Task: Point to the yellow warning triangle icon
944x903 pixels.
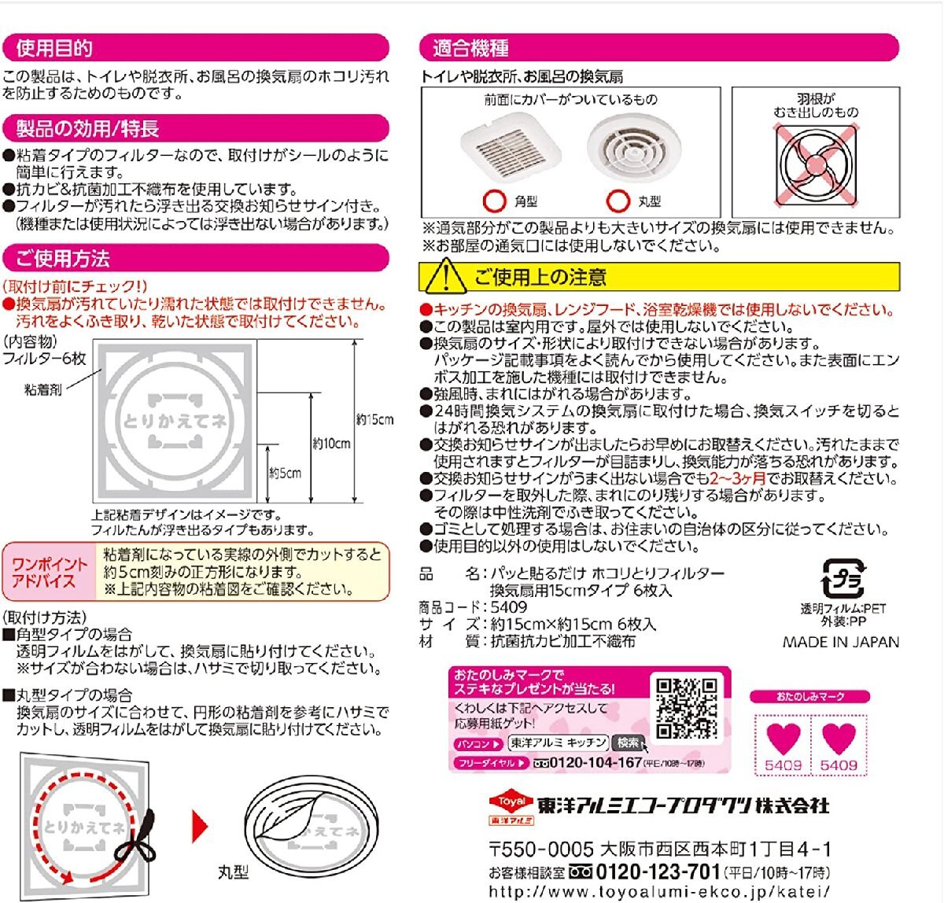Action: pos(444,276)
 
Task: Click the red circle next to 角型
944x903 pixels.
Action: pos(494,201)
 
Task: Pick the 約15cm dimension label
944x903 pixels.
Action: pos(375,420)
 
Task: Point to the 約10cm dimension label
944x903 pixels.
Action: pos(331,444)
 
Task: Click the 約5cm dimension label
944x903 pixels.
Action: pos(285,474)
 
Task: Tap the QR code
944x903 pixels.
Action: pos(687,708)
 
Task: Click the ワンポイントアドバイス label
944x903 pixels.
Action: pos(50,573)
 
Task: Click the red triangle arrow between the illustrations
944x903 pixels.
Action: pos(201,827)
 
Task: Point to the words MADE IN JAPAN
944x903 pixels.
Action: pos(840,642)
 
